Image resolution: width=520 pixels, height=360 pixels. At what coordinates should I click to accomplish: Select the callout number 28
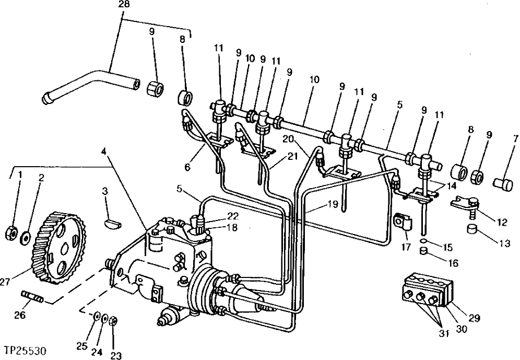click(x=125, y=5)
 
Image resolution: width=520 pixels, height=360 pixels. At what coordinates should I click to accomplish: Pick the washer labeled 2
click(x=24, y=239)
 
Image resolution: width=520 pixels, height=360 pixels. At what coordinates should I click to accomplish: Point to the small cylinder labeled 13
click(x=473, y=229)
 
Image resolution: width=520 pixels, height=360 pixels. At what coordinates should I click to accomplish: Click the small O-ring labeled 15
click(x=423, y=241)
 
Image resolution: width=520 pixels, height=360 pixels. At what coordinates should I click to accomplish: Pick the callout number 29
click(x=475, y=317)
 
